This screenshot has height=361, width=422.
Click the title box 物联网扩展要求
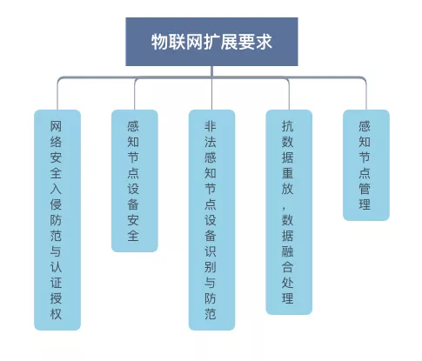(x=211, y=42)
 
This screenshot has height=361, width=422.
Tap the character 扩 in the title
(x=211, y=42)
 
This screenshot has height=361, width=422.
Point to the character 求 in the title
(x=264, y=42)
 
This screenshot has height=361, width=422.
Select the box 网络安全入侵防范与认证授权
(x=57, y=220)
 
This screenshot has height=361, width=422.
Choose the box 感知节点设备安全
(x=135, y=181)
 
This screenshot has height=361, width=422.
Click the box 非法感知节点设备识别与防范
(x=211, y=220)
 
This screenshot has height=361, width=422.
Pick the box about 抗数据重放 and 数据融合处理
(x=289, y=212)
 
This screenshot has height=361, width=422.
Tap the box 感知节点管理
(x=366, y=165)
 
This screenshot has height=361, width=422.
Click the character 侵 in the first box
(x=56, y=204)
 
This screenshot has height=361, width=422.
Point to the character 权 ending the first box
(x=56, y=314)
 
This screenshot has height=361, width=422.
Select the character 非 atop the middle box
(x=211, y=126)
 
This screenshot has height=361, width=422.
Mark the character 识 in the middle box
(x=211, y=251)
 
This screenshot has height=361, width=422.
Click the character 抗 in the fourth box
(x=288, y=126)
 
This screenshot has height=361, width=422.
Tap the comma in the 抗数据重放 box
(x=285, y=207)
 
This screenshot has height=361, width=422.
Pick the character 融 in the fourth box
(x=288, y=251)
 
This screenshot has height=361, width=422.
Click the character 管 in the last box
(x=365, y=189)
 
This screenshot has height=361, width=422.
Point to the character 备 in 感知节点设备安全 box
(x=133, y=204)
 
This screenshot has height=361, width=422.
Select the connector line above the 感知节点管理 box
(x=366, y=94)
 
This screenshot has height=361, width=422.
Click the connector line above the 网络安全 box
(x=57, y=94)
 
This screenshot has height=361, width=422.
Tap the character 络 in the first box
(x=56, y=142)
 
